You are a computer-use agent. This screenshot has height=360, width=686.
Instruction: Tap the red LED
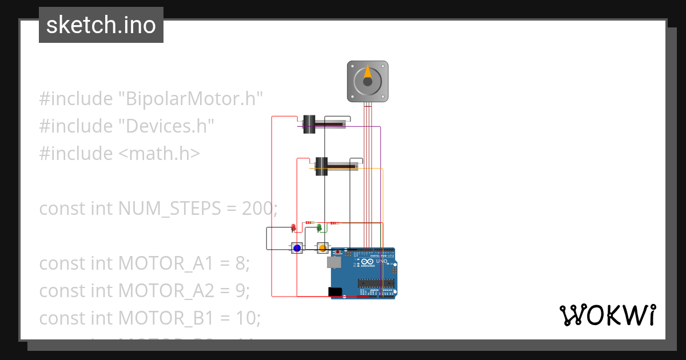294,227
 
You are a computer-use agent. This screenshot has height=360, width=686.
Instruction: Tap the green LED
320,227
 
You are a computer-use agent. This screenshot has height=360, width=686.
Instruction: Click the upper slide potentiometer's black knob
309,125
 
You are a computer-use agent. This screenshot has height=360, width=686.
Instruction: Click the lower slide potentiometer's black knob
321,166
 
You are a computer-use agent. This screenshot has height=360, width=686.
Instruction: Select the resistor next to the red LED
309,222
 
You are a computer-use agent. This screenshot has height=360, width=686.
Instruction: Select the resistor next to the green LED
334,223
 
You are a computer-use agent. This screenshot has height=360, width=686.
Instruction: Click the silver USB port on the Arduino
333,262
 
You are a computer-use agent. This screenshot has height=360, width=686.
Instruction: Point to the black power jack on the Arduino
336,292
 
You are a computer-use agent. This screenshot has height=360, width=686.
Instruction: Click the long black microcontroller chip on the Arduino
376,282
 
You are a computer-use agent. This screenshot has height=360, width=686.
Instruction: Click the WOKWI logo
607,315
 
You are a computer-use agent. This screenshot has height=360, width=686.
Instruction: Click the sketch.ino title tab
101,25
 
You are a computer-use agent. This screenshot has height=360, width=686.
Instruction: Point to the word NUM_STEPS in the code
169,209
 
